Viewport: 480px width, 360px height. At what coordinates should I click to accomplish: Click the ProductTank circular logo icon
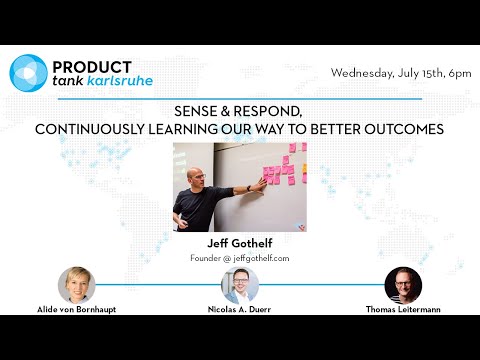click(x=28, y=72)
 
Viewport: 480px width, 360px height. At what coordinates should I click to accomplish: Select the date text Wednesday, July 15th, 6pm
click(x=399, y=73)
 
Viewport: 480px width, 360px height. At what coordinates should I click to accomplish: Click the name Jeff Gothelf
click(x=239, y=242)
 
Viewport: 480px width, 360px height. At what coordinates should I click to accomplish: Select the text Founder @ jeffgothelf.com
click(x=239, y=257)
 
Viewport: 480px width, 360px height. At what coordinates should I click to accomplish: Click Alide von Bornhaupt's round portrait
click(x=76, y=285)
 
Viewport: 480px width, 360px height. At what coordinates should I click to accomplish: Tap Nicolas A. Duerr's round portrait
click(x=240, y=286)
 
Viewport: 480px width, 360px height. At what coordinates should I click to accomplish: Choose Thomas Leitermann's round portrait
click(x=403, y=285)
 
